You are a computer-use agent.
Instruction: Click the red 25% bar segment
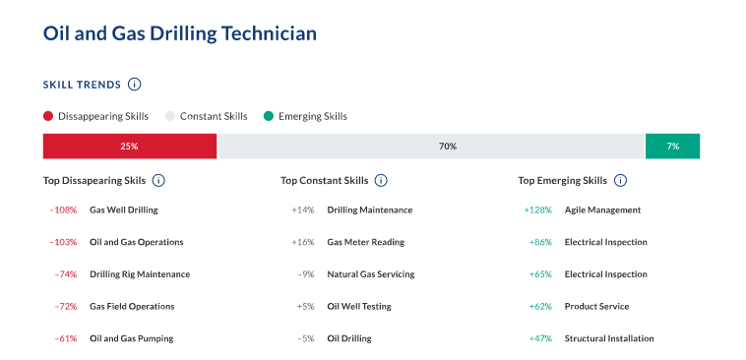pyautogui.click(x=130, y=146)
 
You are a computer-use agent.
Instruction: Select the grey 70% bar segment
pyautogui.click(x=431, y=146)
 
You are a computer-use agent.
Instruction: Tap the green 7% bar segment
pyautogui.click(x=672, y=146)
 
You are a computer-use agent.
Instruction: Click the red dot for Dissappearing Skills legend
pyautogui.click(x=48, y=116)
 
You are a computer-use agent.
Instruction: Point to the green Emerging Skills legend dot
pyautogui.click(x=269, y=116)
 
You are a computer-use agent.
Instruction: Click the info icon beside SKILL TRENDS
pyautogui.click(x=135, y=85)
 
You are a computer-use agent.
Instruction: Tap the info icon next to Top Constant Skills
pyautogui.click(x=381, y=181)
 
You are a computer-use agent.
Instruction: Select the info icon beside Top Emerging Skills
pyautogui.click(x=620, y=181)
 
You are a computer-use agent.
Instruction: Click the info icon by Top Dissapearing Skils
pyautogui.click(x=158, y=181)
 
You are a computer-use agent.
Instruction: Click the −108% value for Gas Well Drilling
pyautogui.click(x=63, y=210)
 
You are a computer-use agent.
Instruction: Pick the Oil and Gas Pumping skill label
pyautogui.click(x=132, y=338)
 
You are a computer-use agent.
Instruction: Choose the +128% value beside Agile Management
pyautogui.click(x=538, y=210)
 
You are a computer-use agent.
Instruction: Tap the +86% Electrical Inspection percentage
pyautogui.click(x=540, y=242)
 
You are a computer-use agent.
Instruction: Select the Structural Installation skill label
pyautogui.click(x=609, y=338)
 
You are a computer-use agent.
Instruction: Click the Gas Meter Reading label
pyautogui.click(x=366, y=242)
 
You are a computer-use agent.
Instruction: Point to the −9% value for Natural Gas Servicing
pyautogui.click(x=306, y=274)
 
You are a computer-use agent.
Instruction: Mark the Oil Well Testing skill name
pyautogui.click(x=359, y=306)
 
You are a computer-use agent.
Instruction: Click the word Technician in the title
pyautogui.click(x=269, y=33)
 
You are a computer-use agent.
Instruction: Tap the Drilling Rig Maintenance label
pyautogui.click(x=140, y=274)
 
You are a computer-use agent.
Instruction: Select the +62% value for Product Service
pyautogui.click(x=540, y=306)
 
